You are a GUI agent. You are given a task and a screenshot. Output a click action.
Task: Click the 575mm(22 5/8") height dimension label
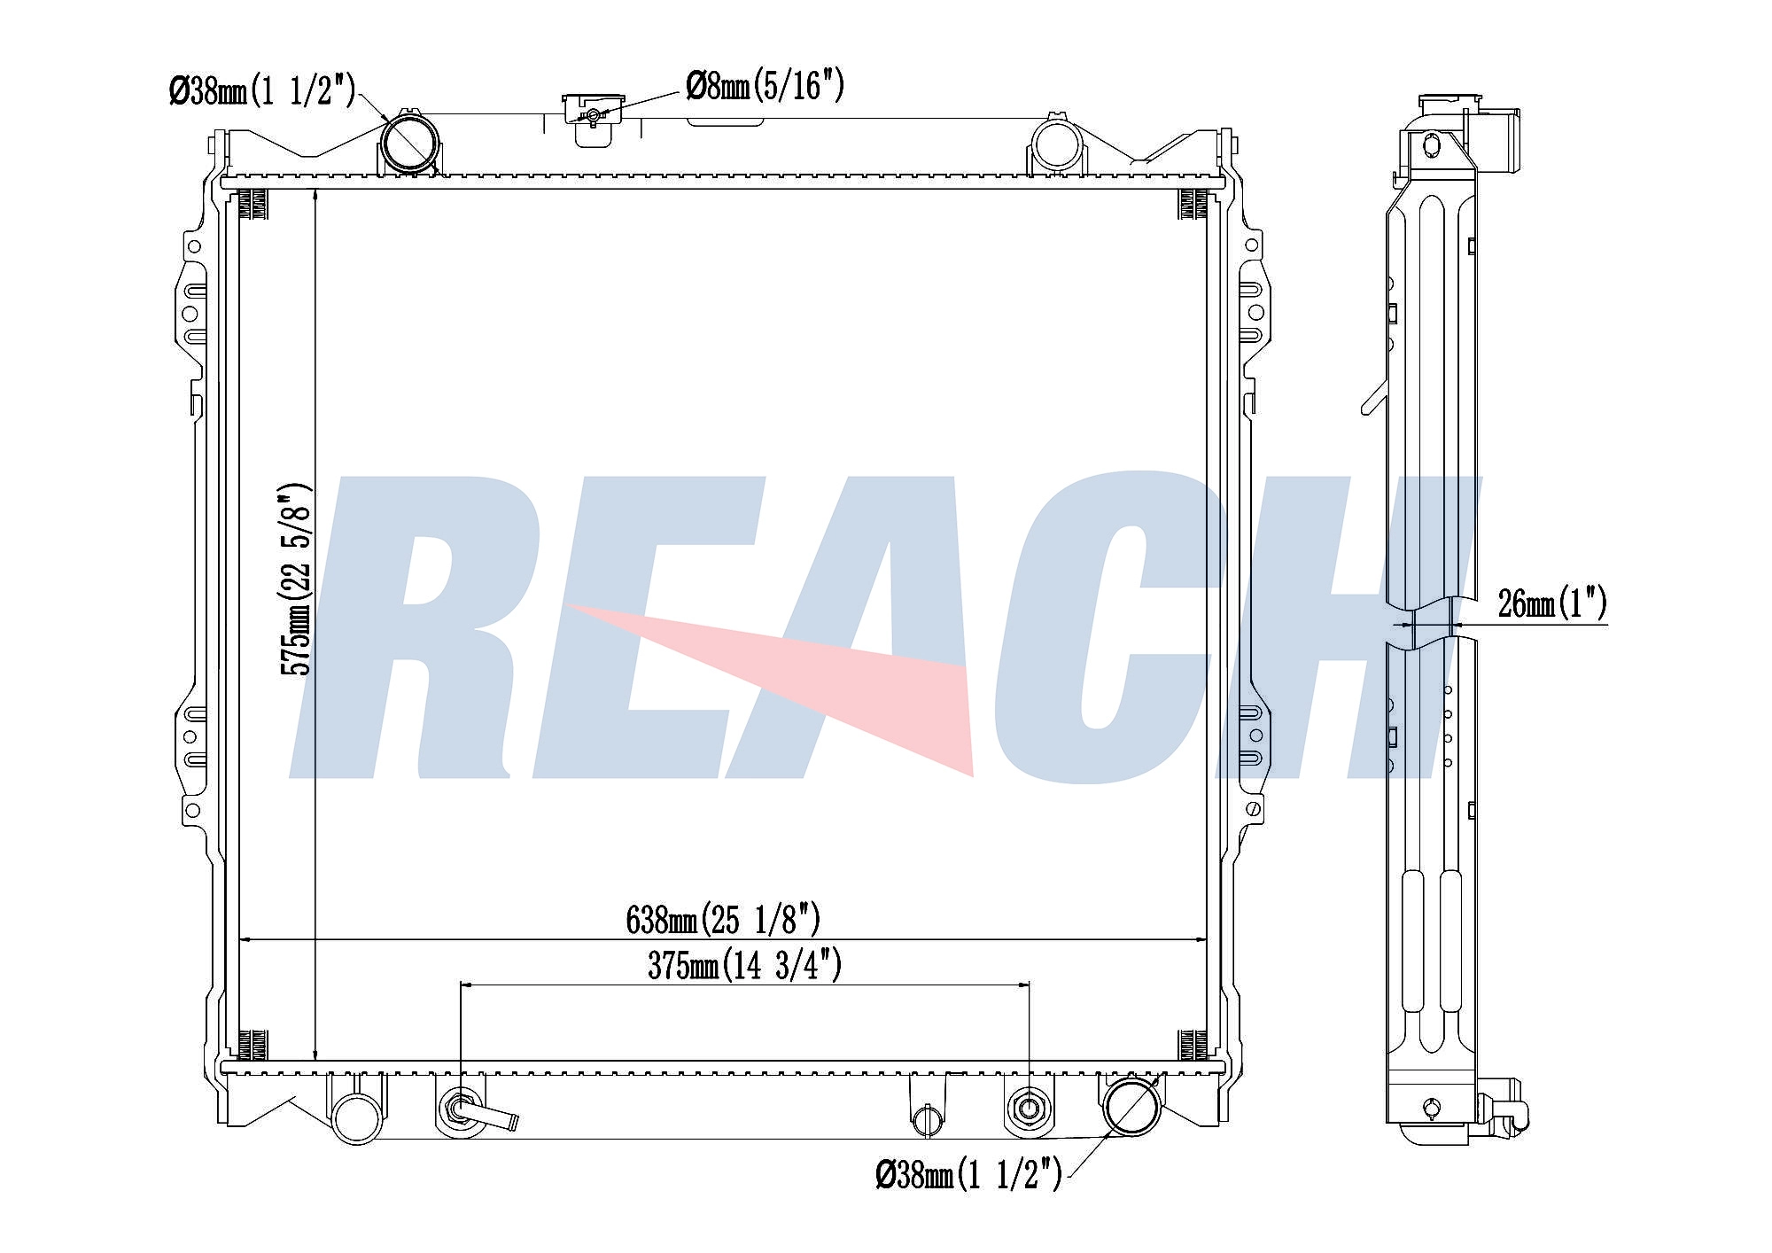click(296, 580)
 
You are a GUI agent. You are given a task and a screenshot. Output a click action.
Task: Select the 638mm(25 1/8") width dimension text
click(723, 920)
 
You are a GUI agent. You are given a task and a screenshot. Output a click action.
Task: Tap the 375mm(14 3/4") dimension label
click(744, 965)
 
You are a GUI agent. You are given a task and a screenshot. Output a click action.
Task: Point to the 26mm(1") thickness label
click(1552, 603)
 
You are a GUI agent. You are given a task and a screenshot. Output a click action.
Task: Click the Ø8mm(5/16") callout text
click(765, 86)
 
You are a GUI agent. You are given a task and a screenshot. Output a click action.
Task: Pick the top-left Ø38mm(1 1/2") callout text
click(262, 89)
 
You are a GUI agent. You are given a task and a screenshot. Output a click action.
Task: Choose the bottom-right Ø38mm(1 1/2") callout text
click(968, 1175)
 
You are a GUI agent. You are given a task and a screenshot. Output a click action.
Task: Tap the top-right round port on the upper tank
click(1054, 146)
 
